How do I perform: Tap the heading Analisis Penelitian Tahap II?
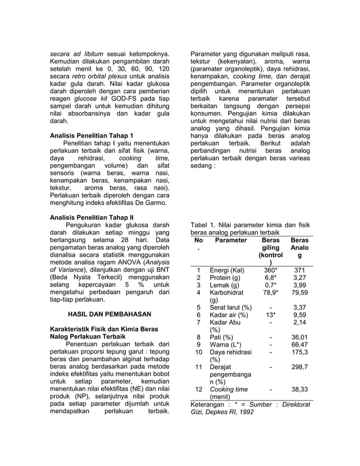click(92, 217)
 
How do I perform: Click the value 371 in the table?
click(300, 270)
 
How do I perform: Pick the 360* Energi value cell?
click(270, 270)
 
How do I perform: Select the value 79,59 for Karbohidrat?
click(300, 292)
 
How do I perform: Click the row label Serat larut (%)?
click(230, 307)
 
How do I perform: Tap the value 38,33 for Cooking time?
click(300, 389)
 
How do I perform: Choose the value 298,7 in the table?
click(300, 367)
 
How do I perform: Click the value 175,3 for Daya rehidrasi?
click(300, 352)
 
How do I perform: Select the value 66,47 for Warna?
click(300, 345)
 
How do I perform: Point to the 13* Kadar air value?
click(270, 315)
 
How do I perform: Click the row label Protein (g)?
click(225, 278)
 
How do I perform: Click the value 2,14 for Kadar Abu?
click(300, 322)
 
